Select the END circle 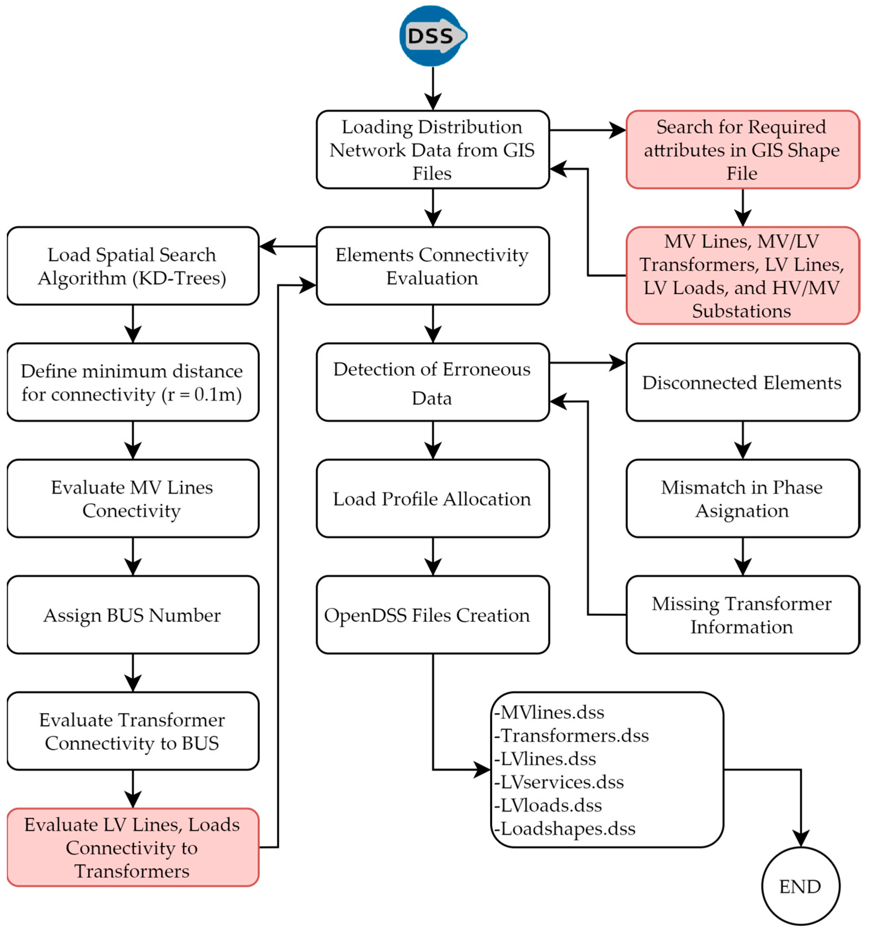coord(800,886)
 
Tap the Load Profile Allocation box coord(432,498)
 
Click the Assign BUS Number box coord(132,615)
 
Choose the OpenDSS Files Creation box coord(432,615)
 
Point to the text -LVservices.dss coord(559,782)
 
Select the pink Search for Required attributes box coord(742,150)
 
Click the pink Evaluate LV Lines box coord(132,848)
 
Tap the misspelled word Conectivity coord(131,511)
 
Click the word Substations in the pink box coord(741,311)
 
